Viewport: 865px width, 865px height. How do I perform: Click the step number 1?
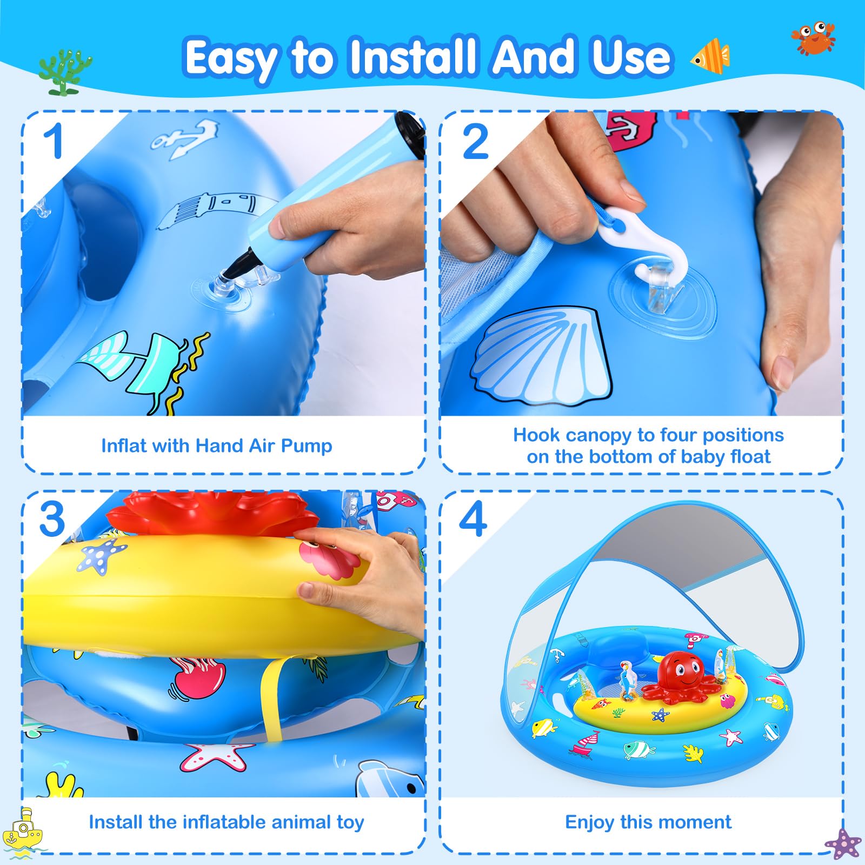coord(54,141)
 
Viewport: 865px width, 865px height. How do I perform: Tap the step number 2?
coord(476,142)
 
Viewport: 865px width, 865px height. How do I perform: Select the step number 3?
coord(52,520)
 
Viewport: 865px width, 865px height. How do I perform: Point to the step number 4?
coord(473,520)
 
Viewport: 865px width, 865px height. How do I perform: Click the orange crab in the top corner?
coord(813,38)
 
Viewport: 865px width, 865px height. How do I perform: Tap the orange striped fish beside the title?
coord(710,56)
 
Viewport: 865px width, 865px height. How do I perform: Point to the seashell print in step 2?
coord(541,355)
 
